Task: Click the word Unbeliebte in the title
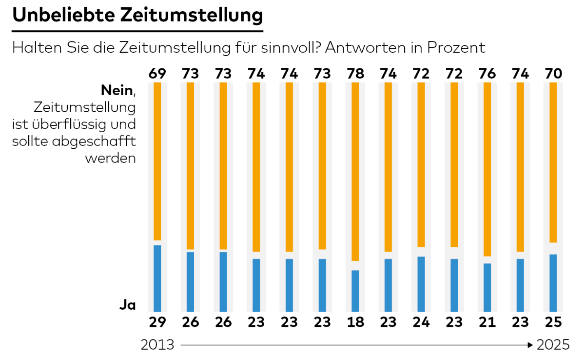pyautogui.click(x=63, y=15)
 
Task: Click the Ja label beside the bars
pyautogui.click(x=127, y=305)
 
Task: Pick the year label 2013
pyautogui.click(x=157, y=345)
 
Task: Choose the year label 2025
pyautogui.click(x=553, y=345)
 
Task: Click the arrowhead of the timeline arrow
pyautogui.click(x=530, y=345)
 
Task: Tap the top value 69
pyautogui.click(x=157, y=74)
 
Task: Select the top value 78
pyautogui.click(x=355, y=74)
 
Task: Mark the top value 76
pyautogui.click(x=487, y=74)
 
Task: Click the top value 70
pyautogui.click(x=553, y=74)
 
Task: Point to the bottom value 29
pyautogui.click(x=157, y=322)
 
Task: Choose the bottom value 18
pyautogui.click(x=355, y=322)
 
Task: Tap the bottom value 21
pyautogui.click(x=487, y=322)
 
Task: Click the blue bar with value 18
pyautogui.click(x=355, y=291)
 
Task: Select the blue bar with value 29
pyautogui.click(x=157, y=278)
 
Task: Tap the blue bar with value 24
pyautogui.click(x=421, y=284)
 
